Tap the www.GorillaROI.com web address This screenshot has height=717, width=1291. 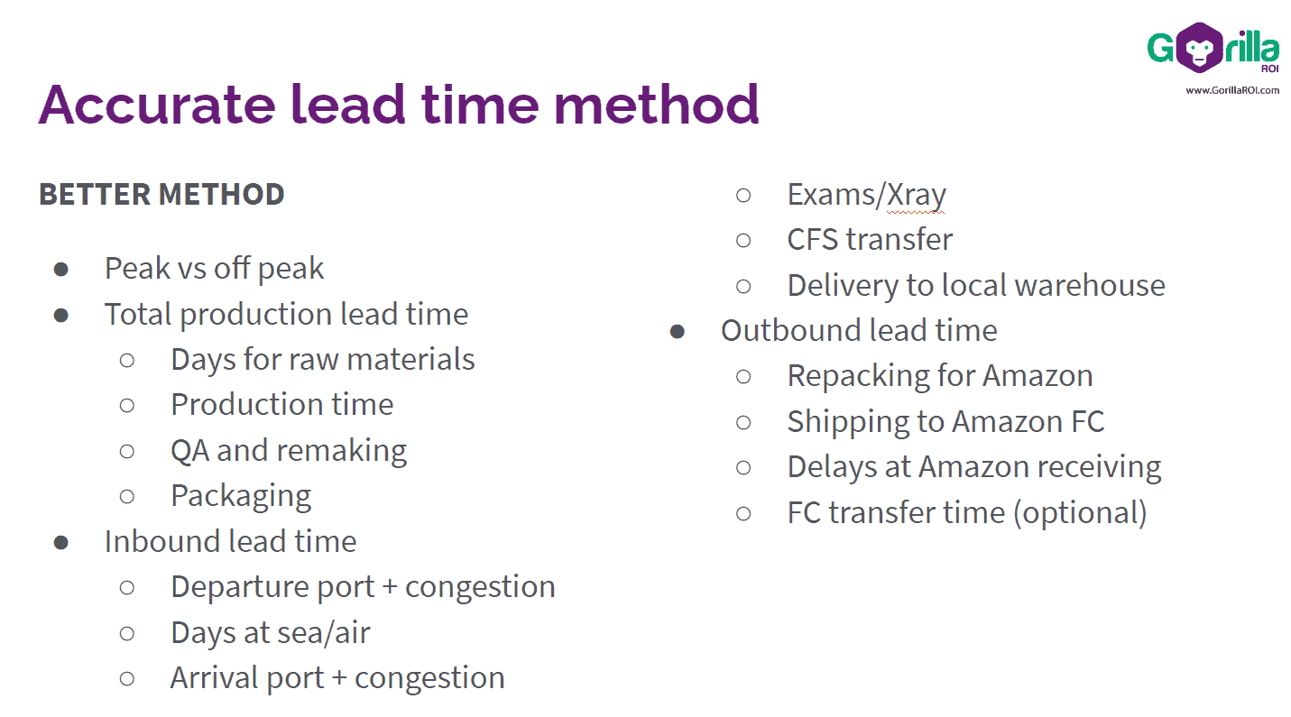coord(1231,89)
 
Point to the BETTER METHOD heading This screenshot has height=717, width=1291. coord(161,194)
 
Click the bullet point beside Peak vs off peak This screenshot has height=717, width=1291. coord(61,269)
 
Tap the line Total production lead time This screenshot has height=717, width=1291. coord(286,314)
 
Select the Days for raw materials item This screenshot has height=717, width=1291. coord(322,359)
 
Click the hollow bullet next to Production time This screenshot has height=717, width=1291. coord(127,405)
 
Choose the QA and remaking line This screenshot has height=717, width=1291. coord(289,450)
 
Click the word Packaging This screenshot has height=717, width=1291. coord(241,495)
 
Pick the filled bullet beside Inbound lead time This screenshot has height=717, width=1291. coord(61,541)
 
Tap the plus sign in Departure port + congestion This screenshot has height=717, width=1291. coord(390,587)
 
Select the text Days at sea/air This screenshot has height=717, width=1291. coord(270,632)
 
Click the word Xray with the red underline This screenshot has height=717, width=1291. coord(915,194)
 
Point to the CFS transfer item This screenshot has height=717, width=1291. coord(870,239)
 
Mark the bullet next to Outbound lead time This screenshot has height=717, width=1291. coord(678,330)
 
